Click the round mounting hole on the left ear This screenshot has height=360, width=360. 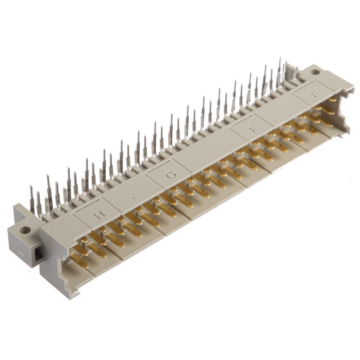(x=25, y=230)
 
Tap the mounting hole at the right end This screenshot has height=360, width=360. (x=316, y=71)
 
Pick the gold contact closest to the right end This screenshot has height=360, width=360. (x=332, y=99)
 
